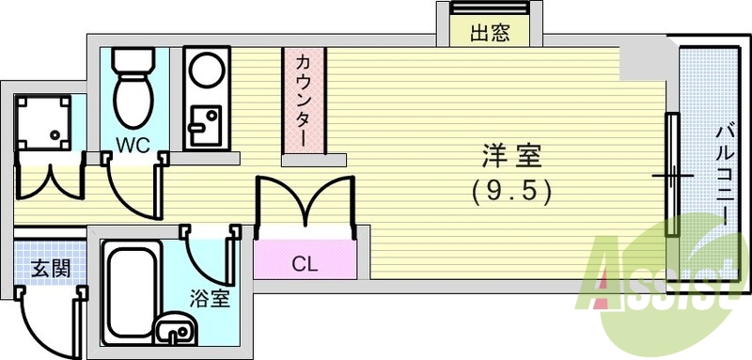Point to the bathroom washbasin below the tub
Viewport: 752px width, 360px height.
coord(175,331)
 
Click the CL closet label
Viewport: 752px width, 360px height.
coord(303,263)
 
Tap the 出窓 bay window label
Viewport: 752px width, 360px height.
coord(489,34)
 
